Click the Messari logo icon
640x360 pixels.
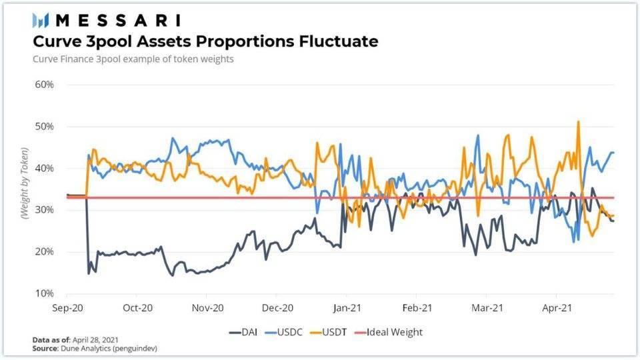coord(41,20)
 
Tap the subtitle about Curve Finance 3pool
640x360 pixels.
coord(133,59)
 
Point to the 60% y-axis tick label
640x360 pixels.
coord(44,85)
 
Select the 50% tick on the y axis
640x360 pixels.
coord(44,127)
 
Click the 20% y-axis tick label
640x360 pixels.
coord(44,251)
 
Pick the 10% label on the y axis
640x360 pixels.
coord(44,293)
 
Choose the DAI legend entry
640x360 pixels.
coord(245,331)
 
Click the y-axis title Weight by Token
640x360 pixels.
coord(24,189)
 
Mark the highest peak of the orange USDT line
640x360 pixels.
coord(578,121)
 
